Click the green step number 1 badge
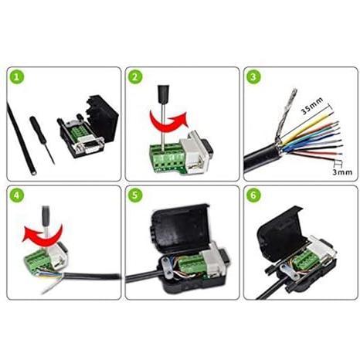(17, 77)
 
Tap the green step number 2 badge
(135, 76)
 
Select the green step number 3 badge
(253, 76)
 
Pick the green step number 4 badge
(17, 195)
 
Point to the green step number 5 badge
(135, 195)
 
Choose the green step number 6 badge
(253, 195)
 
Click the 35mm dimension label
(312, 106)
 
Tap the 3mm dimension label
(342, 172)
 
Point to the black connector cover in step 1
(102, 118)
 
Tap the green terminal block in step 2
(166, 158)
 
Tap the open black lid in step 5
(180, 226)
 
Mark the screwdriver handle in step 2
(164, 94)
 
